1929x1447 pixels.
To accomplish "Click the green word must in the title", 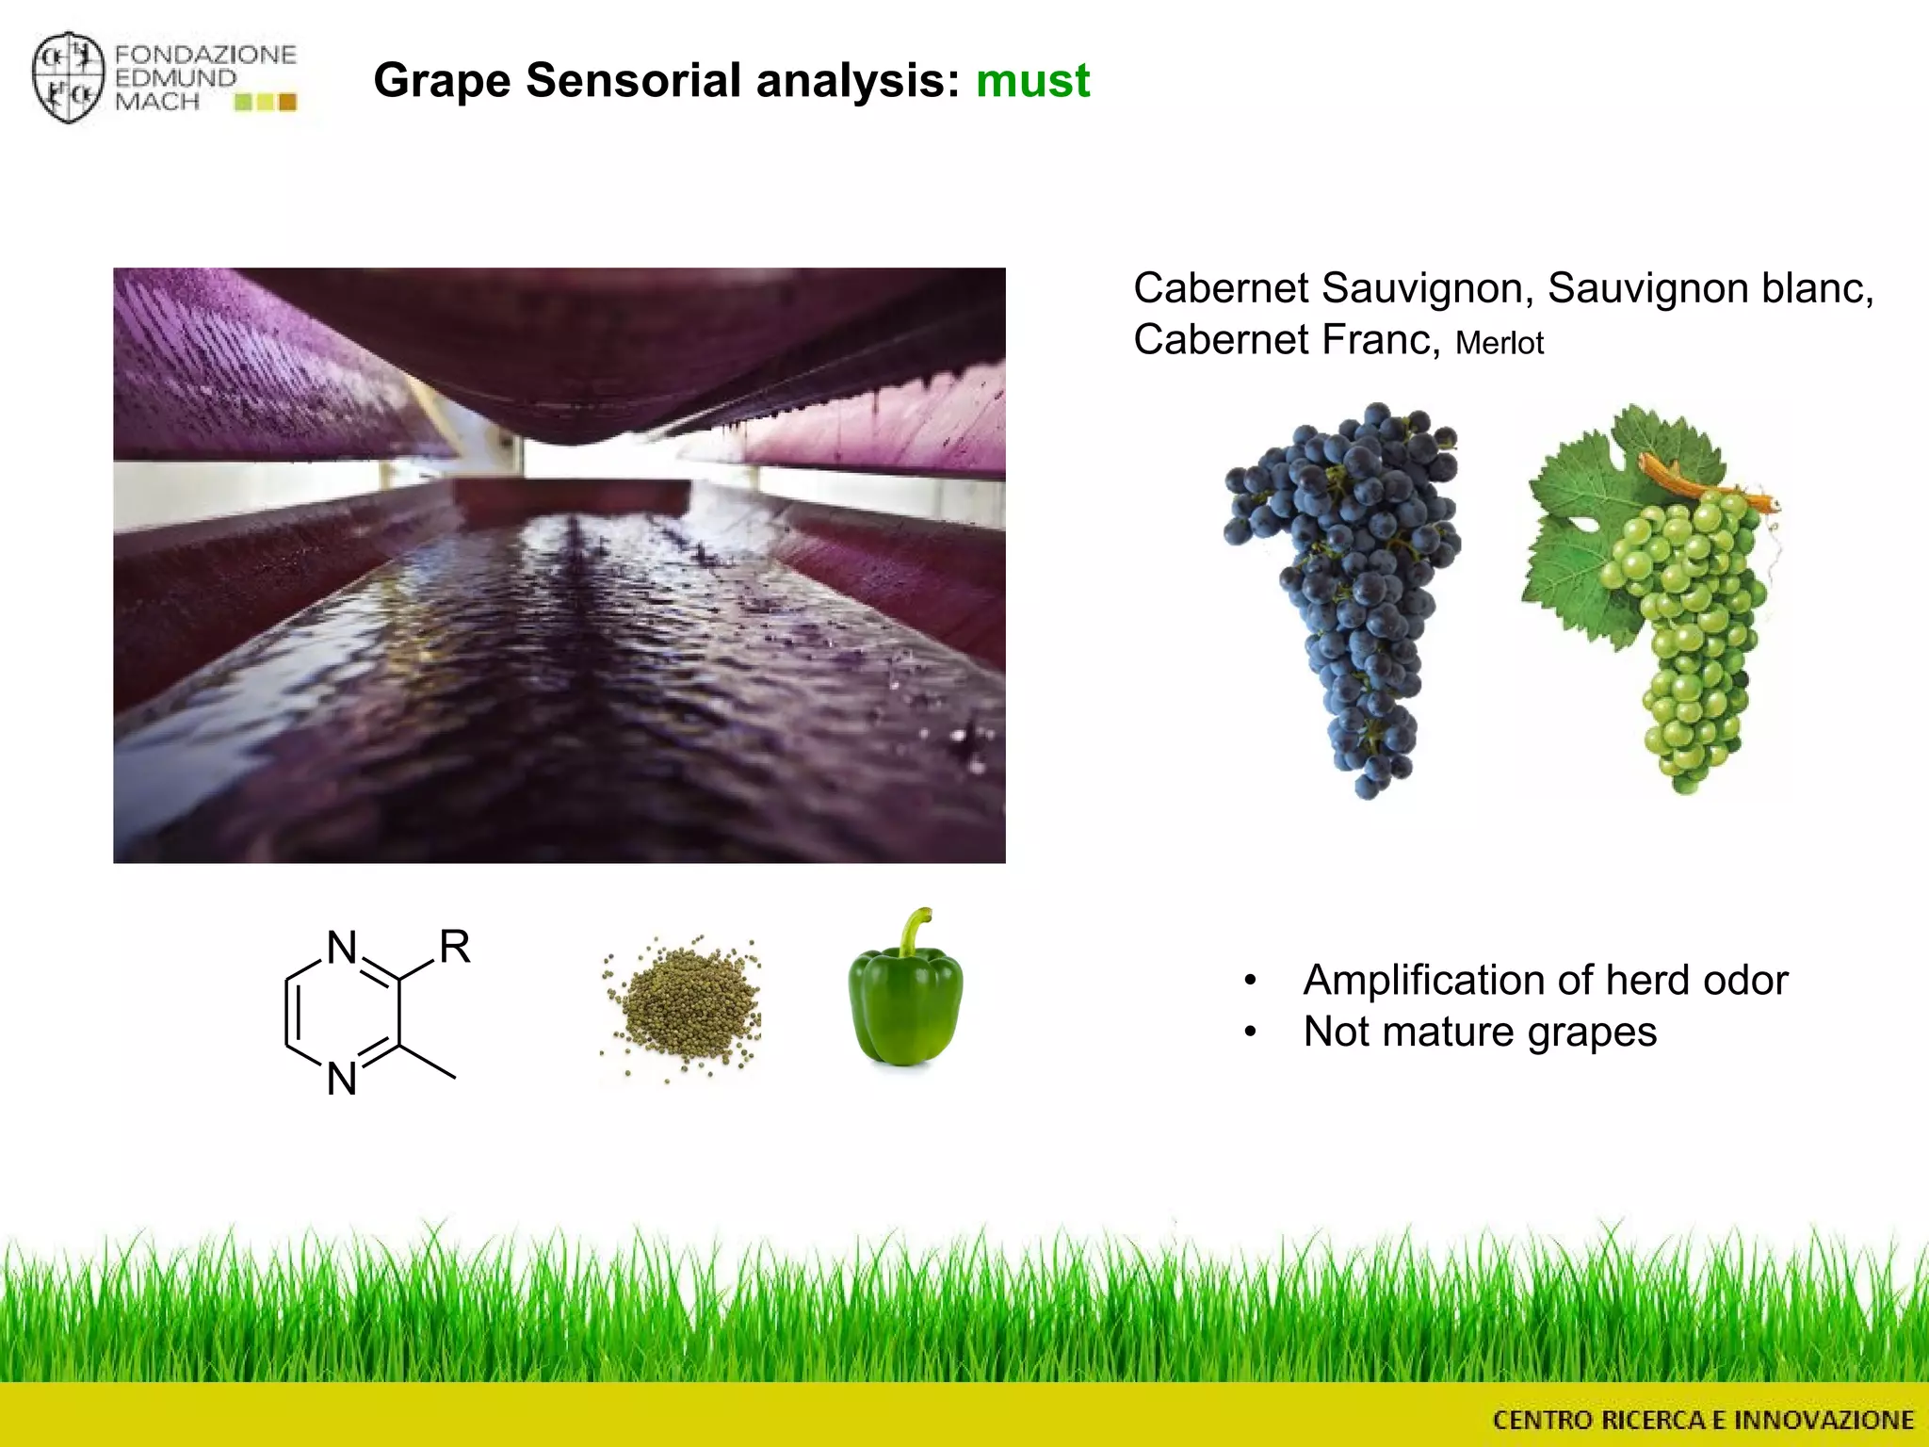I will click(1032, 81).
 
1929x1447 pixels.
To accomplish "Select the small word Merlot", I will click(1499, 344).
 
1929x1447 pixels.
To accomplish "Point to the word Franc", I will click(1381, 340).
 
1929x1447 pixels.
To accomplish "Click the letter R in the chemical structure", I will click(455, 947).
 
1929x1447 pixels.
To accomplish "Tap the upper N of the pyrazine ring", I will click(342, 948).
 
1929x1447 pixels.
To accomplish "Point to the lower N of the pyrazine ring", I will click(342, 1079).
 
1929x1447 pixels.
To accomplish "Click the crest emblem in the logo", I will click(68, 78).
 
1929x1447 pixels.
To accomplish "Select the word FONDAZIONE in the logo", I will click(205, 55).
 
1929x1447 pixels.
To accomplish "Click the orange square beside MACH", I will click(288, 102).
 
